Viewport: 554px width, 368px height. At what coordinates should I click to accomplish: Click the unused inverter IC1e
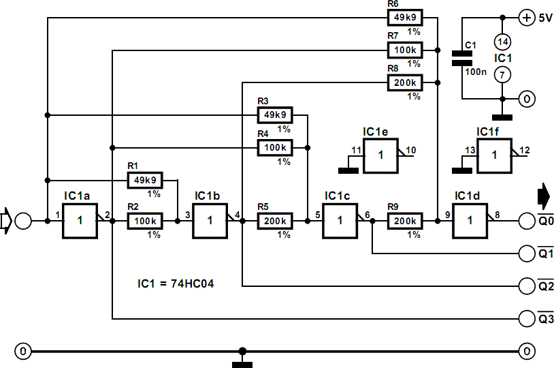[380, 155]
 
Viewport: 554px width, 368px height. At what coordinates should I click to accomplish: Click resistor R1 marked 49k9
[144, 181]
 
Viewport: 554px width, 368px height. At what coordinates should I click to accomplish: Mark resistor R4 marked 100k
[275, 147]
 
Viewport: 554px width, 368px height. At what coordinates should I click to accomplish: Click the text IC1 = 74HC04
[176, 283]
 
